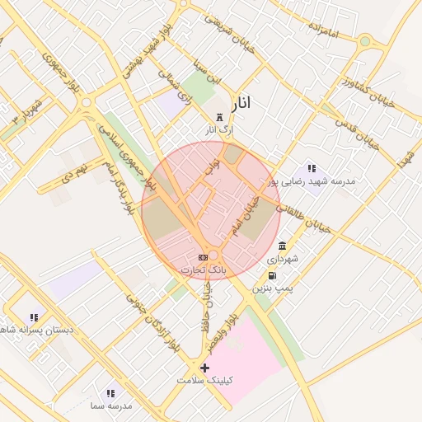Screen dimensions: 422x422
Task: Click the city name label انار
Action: pos(241,103)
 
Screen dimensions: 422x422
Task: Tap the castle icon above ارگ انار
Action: pos(219,118)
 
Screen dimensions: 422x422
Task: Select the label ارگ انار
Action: pos(219,130)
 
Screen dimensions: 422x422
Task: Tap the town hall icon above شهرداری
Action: pos(283,246)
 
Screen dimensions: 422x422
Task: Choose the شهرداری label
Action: pos(283,259)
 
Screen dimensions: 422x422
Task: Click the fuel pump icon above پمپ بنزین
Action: pos(272,276)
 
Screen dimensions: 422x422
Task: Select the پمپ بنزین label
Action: pos(272,288)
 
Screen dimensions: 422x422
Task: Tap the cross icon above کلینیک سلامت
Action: pos(204,368)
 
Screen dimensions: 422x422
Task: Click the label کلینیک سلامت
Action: pos(204,381)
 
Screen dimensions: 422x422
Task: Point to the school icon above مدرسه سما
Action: pos(110,393)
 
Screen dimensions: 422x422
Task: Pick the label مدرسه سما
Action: pos(110,406)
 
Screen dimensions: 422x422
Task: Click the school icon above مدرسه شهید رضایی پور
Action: pos(312,168)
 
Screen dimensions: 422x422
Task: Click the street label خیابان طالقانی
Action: pos(305,214)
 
